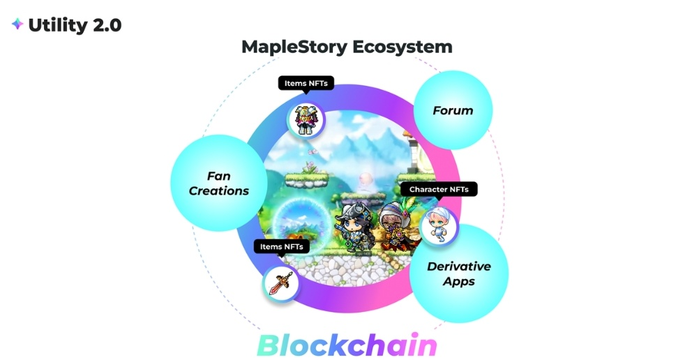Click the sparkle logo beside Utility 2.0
(x=17, y=24)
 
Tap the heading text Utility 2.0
(x=75, y=25)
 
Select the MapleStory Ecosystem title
(x=347, y=47)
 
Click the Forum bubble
(x=453, y=110)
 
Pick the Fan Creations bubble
(x=218, y=183)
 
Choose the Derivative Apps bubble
(x=458, y=273)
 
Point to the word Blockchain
(x=347, y=344)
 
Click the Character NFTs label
(x=439, y=189)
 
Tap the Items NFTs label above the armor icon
(x=306, y=84)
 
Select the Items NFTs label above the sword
(x=281, y=246)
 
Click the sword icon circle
(x=281, y=283)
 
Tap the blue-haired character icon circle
(x=439, y=225)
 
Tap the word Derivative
(x=458, y=266)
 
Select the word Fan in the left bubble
(x=218, y=176)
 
